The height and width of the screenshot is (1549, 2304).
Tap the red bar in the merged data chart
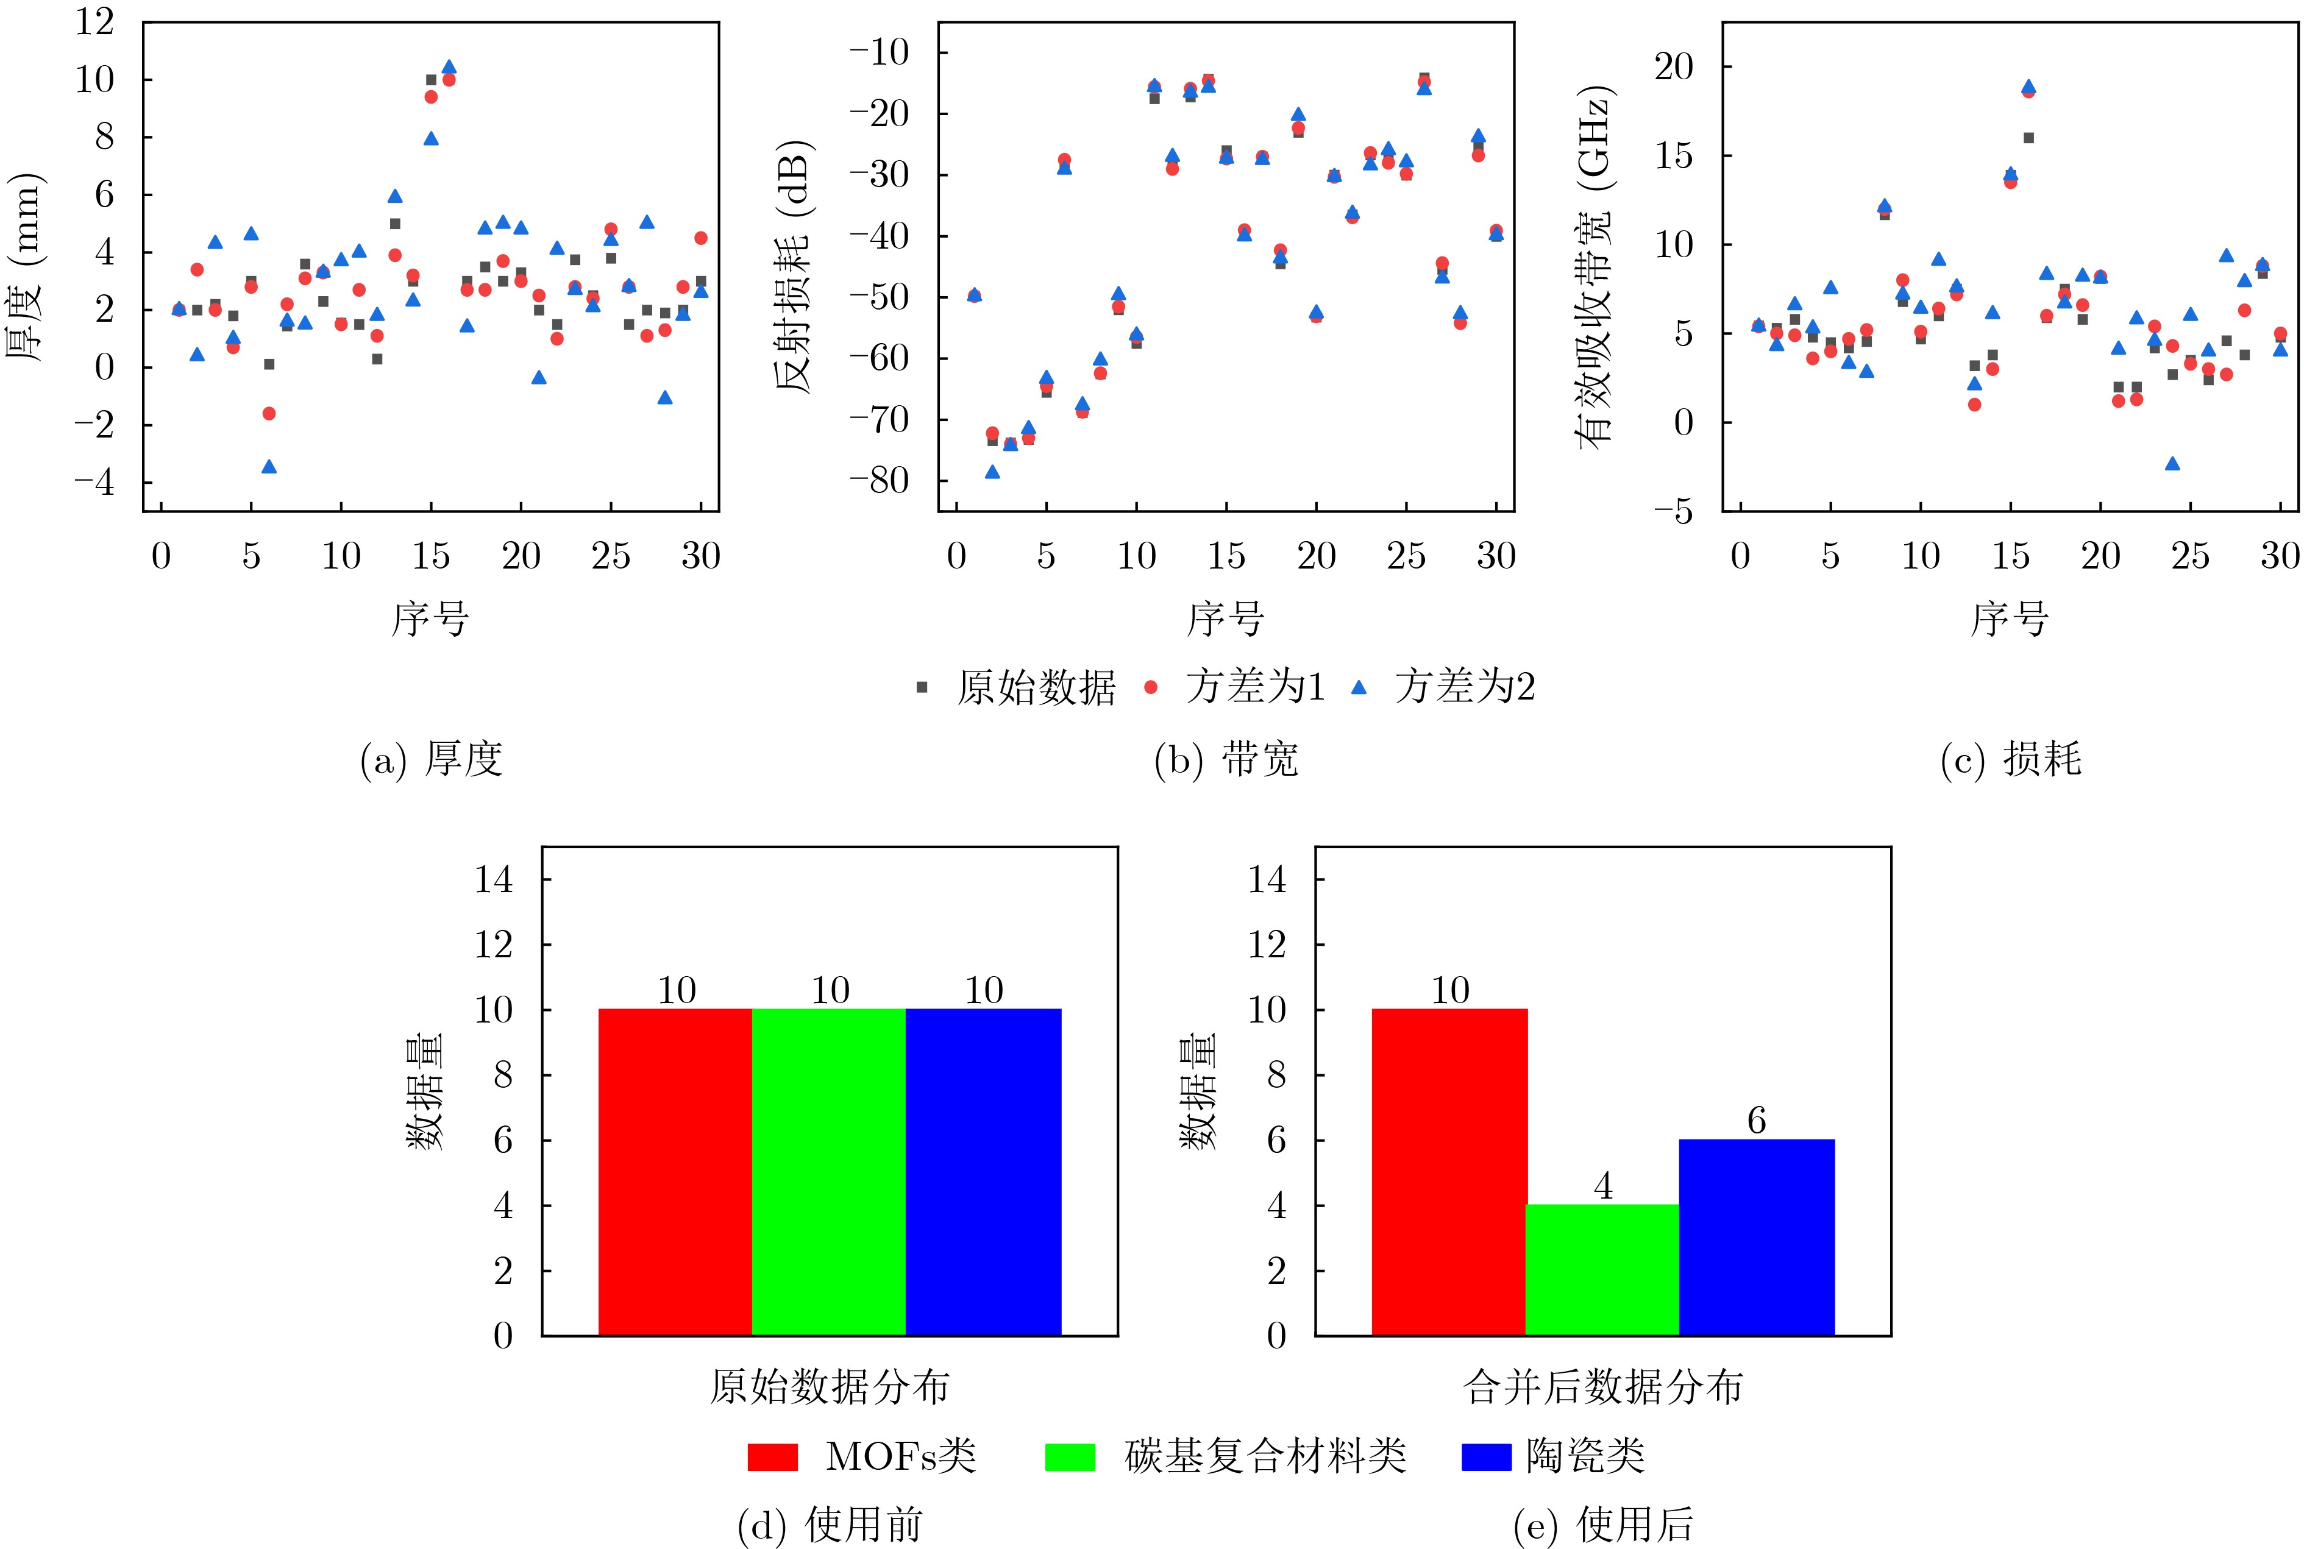click(x=1449, y=1172)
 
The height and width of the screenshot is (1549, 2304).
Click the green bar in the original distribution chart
click(x=829, y=1172)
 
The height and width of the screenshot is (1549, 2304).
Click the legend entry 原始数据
click(x=1018, y=687)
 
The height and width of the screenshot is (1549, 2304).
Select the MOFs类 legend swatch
click(x=773, y=1457)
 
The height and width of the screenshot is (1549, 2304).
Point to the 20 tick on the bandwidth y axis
click(x=1674, y=67)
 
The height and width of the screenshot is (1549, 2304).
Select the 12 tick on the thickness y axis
click(x=95, y=22)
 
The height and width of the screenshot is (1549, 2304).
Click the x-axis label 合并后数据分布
click(x=1602, y=1387)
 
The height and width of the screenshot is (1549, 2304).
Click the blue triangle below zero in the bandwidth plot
click(x=2172, y=463)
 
